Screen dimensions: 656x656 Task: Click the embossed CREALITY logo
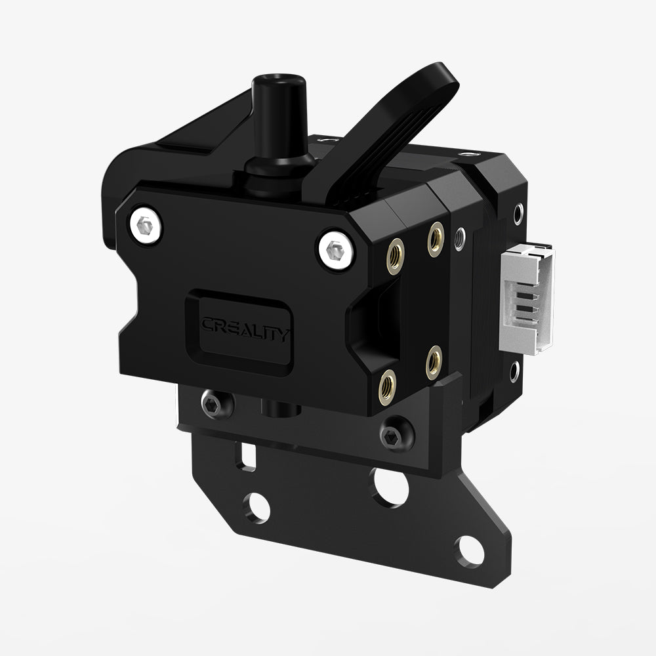coord(243,326)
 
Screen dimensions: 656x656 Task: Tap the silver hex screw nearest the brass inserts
coord(334,249)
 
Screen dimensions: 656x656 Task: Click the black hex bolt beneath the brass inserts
coord(396,432)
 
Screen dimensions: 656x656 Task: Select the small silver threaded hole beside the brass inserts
coord(462,234)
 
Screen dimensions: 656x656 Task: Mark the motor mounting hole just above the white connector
coord(518,213)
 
